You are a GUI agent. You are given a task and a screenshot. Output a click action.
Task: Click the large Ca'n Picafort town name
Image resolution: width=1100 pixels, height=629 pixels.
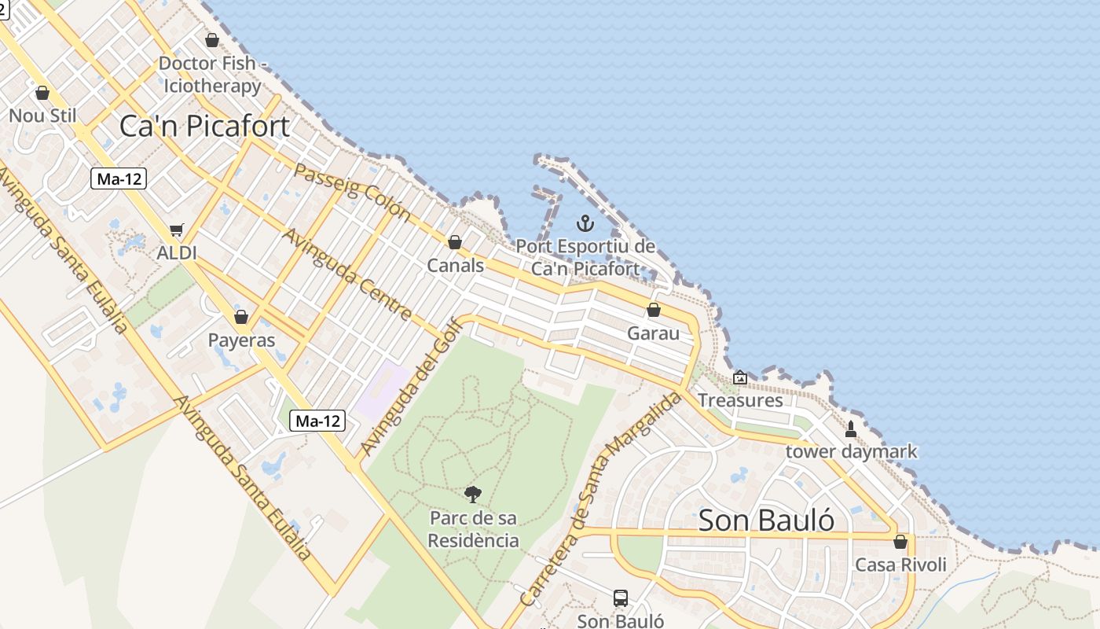[204, 127]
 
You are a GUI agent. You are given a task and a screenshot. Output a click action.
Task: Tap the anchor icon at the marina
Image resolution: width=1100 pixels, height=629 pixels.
[585, 223]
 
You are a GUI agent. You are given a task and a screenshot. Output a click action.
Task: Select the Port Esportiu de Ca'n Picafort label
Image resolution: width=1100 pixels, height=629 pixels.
[585, 257]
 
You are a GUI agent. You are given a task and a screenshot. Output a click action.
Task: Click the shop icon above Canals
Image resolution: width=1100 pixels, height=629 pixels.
[454, 242]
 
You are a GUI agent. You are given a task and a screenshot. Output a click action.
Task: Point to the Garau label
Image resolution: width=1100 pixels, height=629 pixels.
[653, 333]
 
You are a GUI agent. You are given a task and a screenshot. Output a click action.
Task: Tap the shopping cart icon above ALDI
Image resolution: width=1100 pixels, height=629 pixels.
[177, 230]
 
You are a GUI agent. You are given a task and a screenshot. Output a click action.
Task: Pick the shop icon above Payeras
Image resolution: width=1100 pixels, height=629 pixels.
[241, 317]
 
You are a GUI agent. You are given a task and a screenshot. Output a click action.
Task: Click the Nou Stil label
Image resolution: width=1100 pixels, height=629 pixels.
[42, 116]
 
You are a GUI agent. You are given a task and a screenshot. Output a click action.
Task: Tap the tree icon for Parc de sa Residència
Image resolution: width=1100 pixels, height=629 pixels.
[472, 495]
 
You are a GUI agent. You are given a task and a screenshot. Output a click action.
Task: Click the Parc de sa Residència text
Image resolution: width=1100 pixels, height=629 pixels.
[474, 529]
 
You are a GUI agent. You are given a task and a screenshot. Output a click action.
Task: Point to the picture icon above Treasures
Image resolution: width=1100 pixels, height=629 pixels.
[739, 377]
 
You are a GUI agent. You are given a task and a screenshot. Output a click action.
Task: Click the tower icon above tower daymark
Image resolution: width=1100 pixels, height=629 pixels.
[850, 429]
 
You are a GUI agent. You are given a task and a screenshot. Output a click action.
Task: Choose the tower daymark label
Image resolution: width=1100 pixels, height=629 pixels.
[851, 452]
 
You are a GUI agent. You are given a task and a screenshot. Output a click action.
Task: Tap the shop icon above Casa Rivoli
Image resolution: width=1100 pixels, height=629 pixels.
[900, 542]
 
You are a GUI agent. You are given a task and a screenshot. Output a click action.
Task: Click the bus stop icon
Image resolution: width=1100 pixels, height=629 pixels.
[621, 598]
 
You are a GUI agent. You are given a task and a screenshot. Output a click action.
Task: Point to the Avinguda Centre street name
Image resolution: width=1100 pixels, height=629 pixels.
[346, 274]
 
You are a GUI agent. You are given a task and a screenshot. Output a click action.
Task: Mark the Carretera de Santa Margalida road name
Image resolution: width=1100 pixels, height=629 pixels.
[600, 498]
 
